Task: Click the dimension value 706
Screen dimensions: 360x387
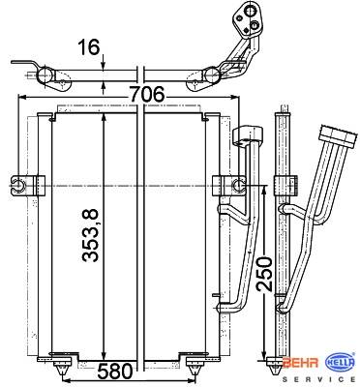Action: (x=147, y=95)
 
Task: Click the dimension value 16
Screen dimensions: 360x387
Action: (x=88, y=47)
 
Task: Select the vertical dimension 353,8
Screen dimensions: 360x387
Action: (x=90, y=235)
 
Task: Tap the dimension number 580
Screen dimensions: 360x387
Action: (x=115, y=372)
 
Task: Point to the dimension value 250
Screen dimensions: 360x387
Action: (x=264, y=274)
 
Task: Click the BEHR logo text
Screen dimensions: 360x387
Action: (x=300, y=363)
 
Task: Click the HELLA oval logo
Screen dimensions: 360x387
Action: (x=341, y=363)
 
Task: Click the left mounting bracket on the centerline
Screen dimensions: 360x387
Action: (x=28, y=186)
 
